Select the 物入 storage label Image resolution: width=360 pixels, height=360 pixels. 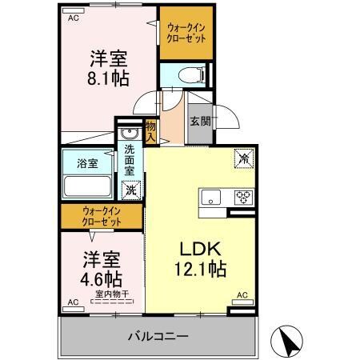click(x=151, y=130)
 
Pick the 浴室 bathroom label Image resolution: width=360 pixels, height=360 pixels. click(x=87, y=163)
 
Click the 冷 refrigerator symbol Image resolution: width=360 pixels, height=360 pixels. click(x=242, y=158)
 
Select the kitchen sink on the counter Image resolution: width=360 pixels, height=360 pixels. click(x=212, y=197)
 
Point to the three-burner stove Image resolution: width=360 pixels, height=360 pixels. click(x=242, y=197)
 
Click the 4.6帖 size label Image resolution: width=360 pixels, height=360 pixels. click(x=102, y=280)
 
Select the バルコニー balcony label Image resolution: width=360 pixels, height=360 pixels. click(x=157, y=335)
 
